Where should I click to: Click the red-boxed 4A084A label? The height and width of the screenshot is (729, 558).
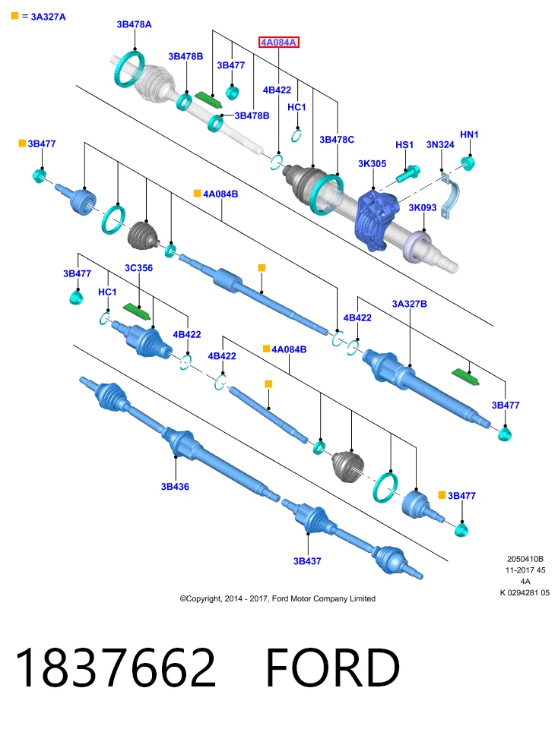coord(278,43)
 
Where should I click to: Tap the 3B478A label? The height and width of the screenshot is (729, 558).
coord(134,24)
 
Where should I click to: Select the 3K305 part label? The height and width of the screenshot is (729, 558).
coord(373,164)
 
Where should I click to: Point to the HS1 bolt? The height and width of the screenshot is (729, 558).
coord(408,173)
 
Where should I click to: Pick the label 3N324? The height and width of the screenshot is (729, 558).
coord(440,144)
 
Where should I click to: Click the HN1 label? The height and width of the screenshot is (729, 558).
coord(469,134)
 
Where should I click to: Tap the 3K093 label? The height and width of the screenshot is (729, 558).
coord(423,207)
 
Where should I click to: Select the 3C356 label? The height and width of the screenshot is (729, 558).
coord(138,268)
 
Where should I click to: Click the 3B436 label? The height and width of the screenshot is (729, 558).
coord(175,486)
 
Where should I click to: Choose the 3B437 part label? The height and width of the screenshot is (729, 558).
coord(307,561)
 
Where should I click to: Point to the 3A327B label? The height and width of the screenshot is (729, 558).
coord(410,304)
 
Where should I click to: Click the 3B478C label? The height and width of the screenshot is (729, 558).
coord(337,140)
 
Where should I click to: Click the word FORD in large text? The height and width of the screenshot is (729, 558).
coord(333,667)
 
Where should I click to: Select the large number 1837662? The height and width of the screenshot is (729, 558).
coord(116,667)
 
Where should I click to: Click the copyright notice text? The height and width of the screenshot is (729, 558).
coord(277,599)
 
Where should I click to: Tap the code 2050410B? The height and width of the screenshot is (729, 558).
coord(525,559)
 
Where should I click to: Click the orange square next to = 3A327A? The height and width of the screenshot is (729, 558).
coord(15,16)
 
